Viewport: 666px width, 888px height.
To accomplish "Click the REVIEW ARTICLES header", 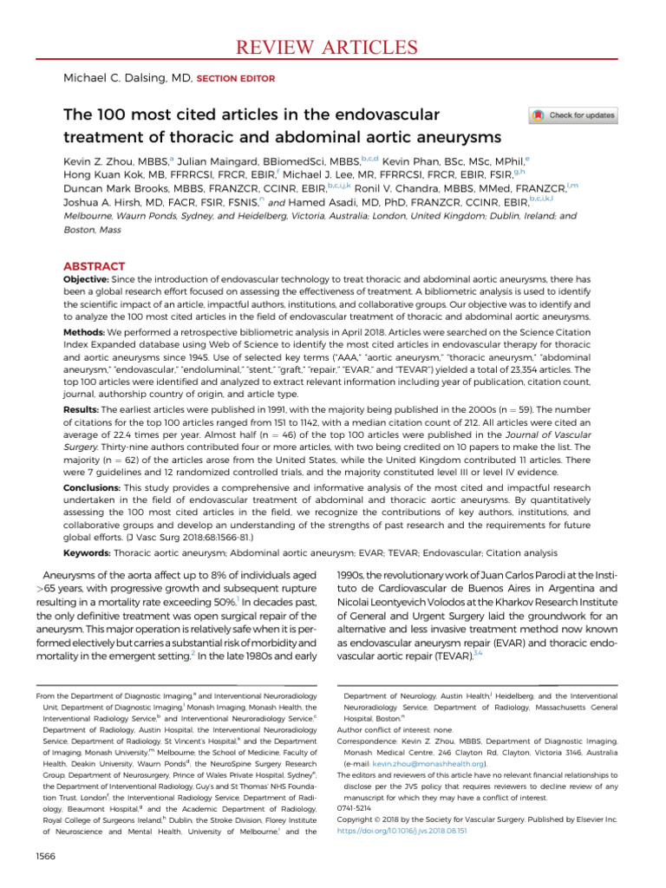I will pyautogui.click(x=334, y=46).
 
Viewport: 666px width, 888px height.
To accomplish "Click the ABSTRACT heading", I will pyautogui.click(x=95, y=266).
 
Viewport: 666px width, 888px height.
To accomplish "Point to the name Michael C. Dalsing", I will pyautogui.click(x=117, y=79).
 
